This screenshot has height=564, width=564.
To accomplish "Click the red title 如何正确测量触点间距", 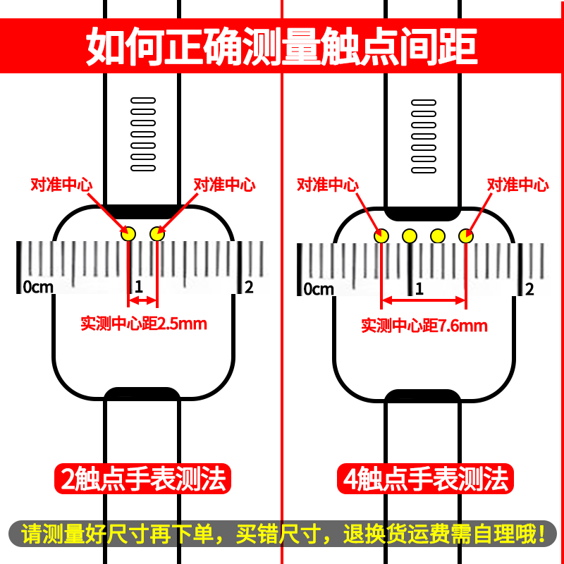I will pyautogui.click(x=282, y=47).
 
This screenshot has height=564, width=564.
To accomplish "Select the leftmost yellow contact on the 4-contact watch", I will pyautogui.click(x=381, y=236).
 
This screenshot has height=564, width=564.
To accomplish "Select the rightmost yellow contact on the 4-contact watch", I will pyautogui.click(x=465, y=236).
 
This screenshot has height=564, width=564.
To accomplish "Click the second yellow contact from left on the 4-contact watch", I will pyautogui.click(x=410, y=236).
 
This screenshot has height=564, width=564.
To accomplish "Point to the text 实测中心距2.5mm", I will pyautogui.click(x=144, y=324).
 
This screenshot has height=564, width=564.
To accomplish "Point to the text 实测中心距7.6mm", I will pyautogui.click(x=424, y=326).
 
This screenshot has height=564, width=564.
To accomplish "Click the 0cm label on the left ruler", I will pyautogui.click(x=38, y=287).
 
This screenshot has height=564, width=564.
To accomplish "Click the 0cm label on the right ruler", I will pyautogui.click(x=319, y=289).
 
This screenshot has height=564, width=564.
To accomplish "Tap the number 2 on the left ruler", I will pyautogui.click(x=248, y=286).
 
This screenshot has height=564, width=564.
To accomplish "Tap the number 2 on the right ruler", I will pyautogui.click(x=529, y=289).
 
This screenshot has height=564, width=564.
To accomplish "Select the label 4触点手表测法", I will pyautogui.click(x=424, y=480).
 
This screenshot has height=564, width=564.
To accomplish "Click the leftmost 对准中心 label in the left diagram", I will pyautogui.click(x=61, y=185).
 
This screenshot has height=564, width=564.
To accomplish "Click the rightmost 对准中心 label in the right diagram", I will pyautogui.click(x=518, y=185).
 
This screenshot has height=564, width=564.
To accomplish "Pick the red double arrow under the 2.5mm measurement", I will pyautogui.click(x=143, y=300).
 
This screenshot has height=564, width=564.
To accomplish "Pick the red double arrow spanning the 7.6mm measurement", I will pyautogui.click(x=424, y=301).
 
